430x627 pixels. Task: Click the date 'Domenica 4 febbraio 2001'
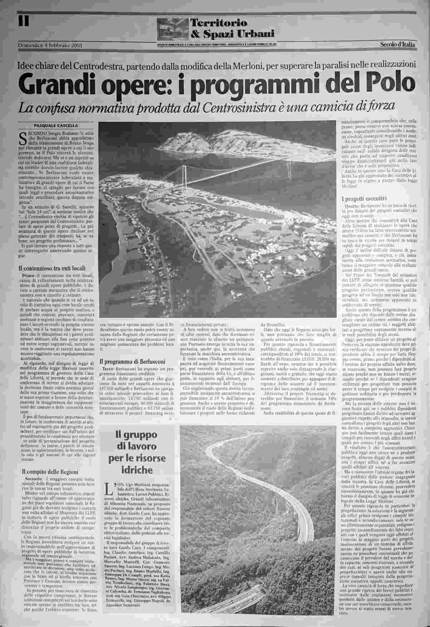tap(50, 45)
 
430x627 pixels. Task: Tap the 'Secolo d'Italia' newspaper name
tap(397, 45)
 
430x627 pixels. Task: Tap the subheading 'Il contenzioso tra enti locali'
tap(52, 268)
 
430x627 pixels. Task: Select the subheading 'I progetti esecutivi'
tap(364, 199)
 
